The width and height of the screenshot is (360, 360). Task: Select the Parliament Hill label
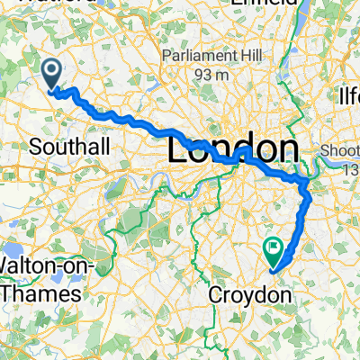point(208,55)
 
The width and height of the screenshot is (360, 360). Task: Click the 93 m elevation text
point(208,76)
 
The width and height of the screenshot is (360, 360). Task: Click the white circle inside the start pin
point(51,69)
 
